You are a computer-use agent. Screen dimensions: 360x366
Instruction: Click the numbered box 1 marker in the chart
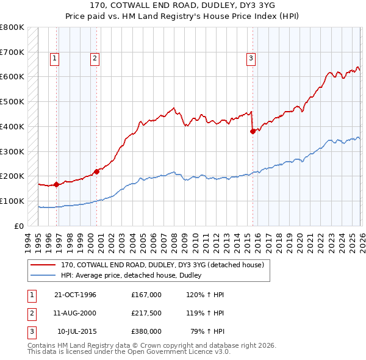[55, 59]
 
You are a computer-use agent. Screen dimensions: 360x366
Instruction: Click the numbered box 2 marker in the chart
[95, 59]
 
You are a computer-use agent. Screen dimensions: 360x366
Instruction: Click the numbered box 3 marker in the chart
[251, 59]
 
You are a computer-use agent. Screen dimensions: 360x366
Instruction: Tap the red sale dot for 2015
[253, 131]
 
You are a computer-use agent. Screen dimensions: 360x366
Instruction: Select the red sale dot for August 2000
[96, 171]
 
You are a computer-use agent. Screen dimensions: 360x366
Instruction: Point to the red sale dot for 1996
[56, 184]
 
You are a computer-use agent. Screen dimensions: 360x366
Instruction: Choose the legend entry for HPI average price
[135, 276]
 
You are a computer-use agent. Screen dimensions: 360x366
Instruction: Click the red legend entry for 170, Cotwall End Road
[162, 265]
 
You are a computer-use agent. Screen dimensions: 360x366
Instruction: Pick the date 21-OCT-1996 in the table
[75, 295]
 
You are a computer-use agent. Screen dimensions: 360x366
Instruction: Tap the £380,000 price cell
[146, 332]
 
